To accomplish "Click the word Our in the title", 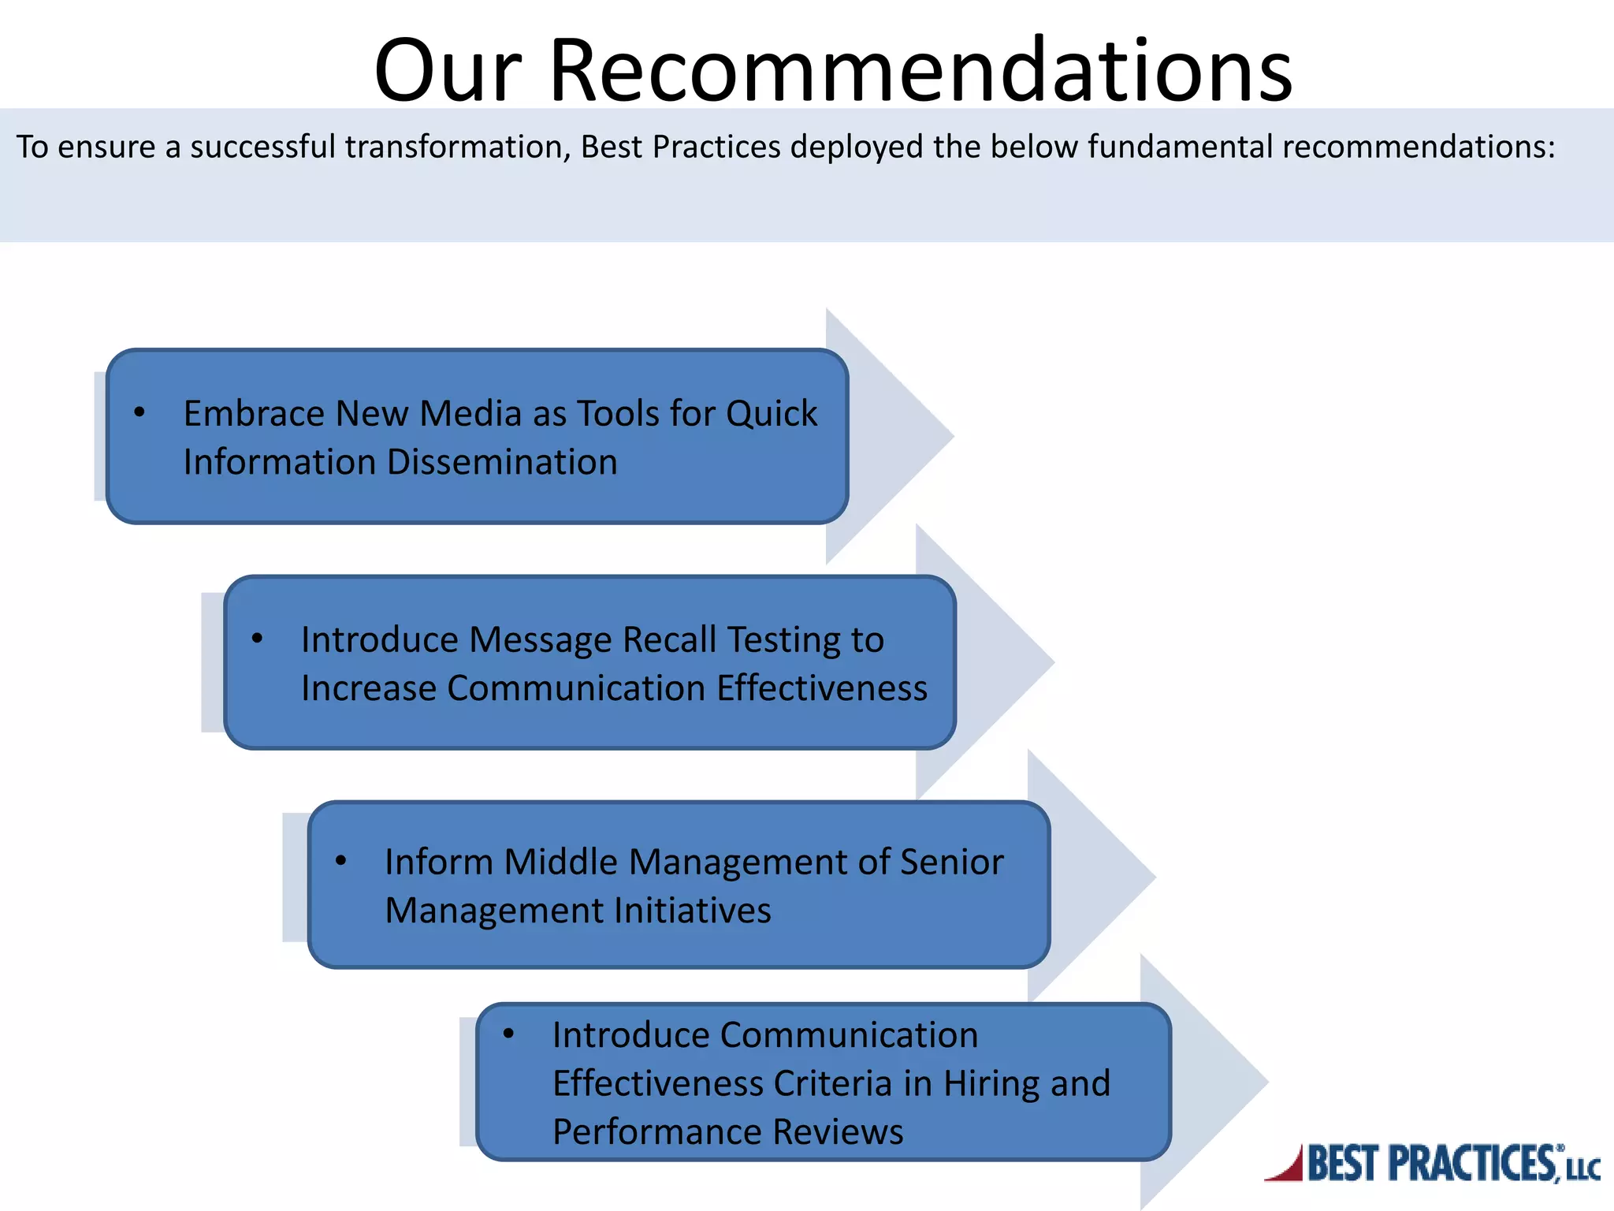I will (448, 71).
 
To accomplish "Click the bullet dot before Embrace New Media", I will (139, 412).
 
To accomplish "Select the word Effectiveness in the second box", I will (822, 688).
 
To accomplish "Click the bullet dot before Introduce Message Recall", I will (257, 639).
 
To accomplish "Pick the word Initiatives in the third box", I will (692, 911).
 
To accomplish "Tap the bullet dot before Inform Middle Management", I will (340, 861).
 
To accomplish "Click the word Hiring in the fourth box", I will (991, 1083).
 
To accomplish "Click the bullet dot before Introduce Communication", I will (508, 1034).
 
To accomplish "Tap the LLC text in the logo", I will (1582, 1169).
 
